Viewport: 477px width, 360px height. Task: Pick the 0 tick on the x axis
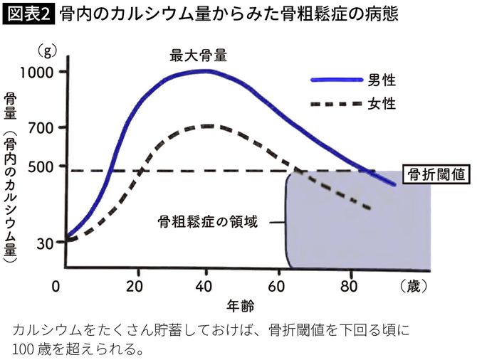pyautogui.click(x=57, y=287)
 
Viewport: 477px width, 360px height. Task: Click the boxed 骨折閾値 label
pyautogui.click(x=436, y=173)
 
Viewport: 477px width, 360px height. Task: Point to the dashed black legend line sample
pyautogui.click(x=335, y=104)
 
